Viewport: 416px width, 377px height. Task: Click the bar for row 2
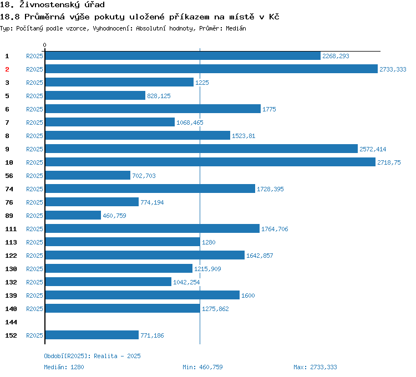pos(211,69)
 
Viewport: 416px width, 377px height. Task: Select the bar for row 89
pos(73,216)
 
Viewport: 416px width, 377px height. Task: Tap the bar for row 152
pos(92,335)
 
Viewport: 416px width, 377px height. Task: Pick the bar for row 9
pos(201,149)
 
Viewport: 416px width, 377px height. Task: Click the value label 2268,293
pos(336,56)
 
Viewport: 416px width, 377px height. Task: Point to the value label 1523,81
pos(243,136)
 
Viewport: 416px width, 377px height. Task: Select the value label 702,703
pos(144,176)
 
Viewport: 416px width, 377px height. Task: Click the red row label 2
pos(7,69)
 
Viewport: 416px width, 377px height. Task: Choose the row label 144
pos(11,322)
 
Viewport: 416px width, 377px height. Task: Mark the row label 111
pos(11,229)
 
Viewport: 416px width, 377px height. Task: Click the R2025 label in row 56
pos(34,176)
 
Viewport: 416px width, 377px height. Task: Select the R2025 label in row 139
pos(34,296)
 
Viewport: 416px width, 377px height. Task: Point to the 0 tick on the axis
pos(45,45)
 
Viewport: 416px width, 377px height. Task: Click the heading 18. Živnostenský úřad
pos(53,5)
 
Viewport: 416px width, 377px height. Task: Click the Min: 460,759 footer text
pos(202,367)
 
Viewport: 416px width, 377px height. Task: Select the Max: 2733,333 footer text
pos(315,367)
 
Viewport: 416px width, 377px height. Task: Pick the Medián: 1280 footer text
pos(64,367)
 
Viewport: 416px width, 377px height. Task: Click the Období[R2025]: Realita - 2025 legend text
pos(92,356)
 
